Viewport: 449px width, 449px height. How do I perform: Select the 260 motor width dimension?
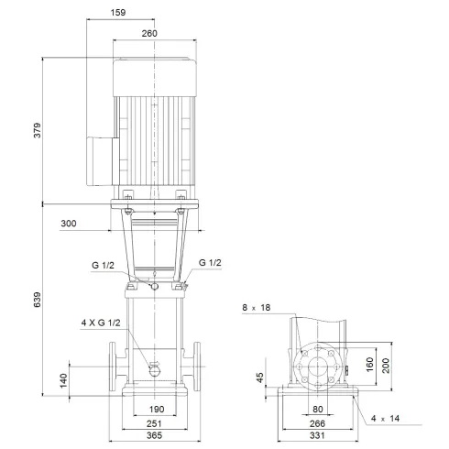150,33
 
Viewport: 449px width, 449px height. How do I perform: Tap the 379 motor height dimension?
36,130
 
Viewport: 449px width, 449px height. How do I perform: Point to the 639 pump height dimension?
36,300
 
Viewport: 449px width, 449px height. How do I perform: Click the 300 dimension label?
95,223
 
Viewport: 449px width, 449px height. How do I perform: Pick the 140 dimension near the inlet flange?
63,380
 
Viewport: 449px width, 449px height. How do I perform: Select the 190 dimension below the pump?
155,409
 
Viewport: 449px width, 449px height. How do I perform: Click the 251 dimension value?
155,424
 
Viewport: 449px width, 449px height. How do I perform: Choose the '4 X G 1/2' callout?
100,322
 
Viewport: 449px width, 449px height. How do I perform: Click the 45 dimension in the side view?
261,378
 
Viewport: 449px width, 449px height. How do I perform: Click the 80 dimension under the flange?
318,409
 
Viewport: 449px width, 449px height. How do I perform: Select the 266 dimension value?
318,424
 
